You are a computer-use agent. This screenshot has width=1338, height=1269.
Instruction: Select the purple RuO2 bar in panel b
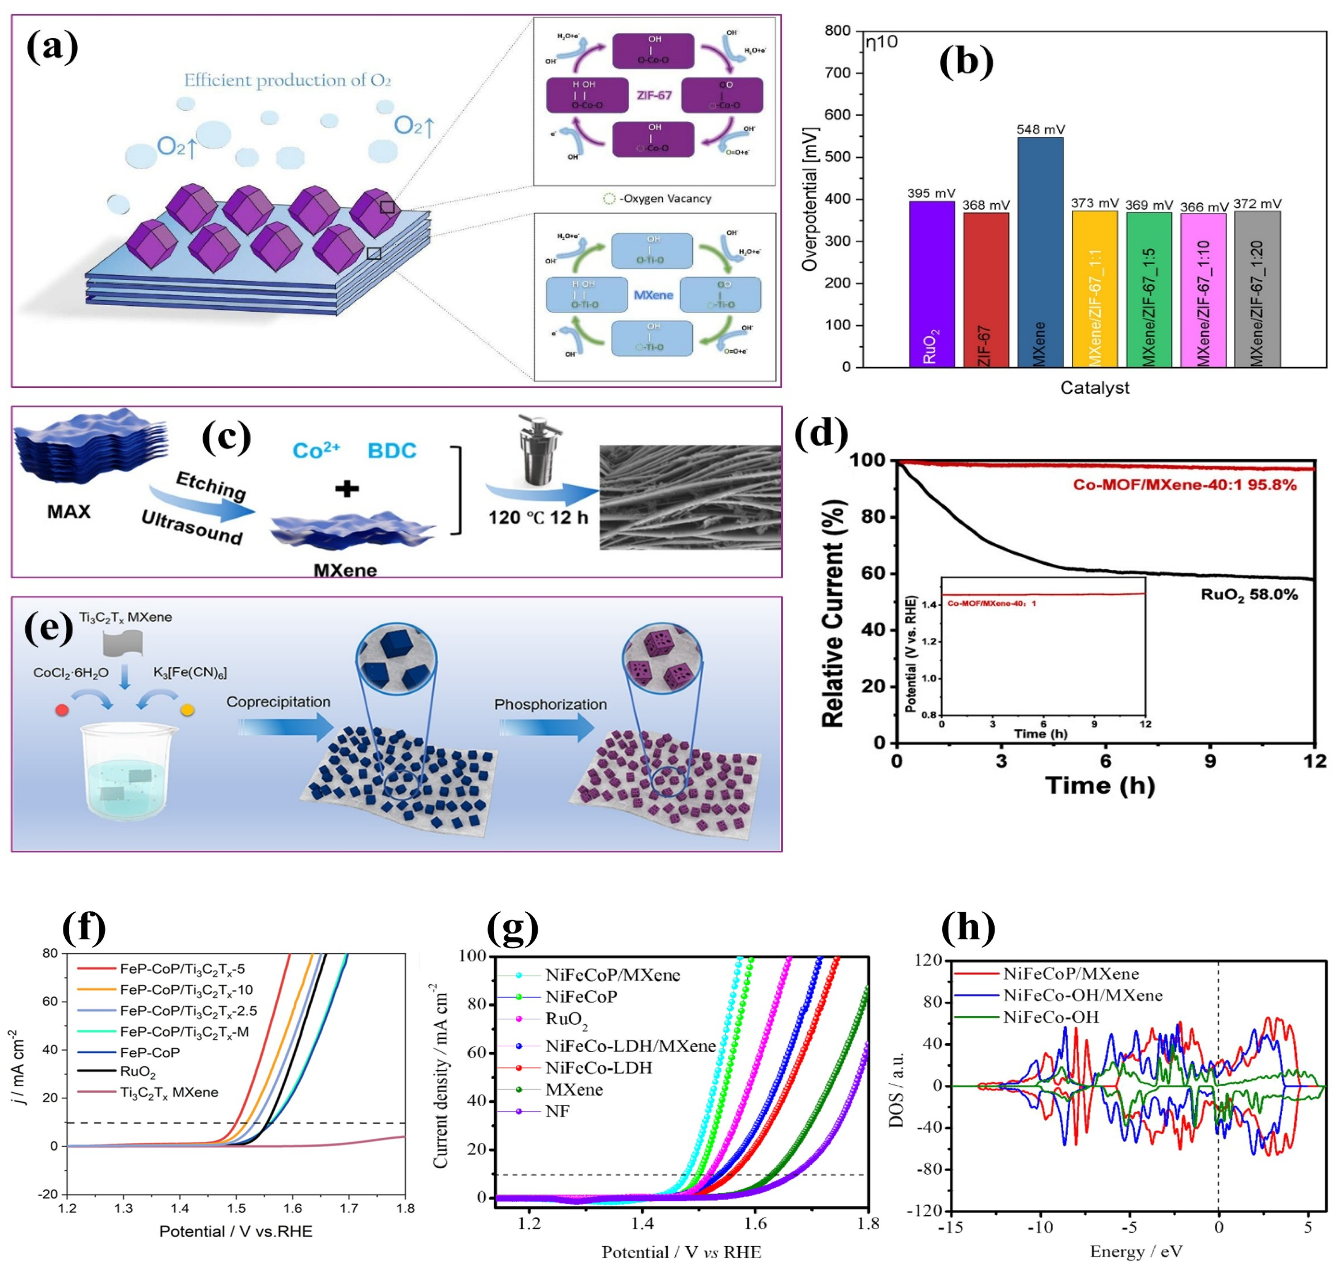tap(932, 284)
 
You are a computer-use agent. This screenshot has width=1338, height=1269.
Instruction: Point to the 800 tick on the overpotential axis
tap(838, 31)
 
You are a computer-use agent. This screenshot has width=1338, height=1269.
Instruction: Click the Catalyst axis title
tap(1094, 387)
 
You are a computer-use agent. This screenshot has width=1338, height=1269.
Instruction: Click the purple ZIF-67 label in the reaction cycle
tap(653, 95)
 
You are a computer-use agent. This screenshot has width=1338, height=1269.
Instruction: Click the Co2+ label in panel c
tap(316, 451)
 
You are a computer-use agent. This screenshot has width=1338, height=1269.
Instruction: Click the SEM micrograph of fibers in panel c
tap(690, 497)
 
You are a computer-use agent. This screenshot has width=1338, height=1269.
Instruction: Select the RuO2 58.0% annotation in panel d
tap(1249, 595)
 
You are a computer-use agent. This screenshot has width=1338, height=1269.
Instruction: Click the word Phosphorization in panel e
tap(550, 705)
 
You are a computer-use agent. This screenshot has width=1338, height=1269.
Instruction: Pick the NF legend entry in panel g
tap(558, 1111)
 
